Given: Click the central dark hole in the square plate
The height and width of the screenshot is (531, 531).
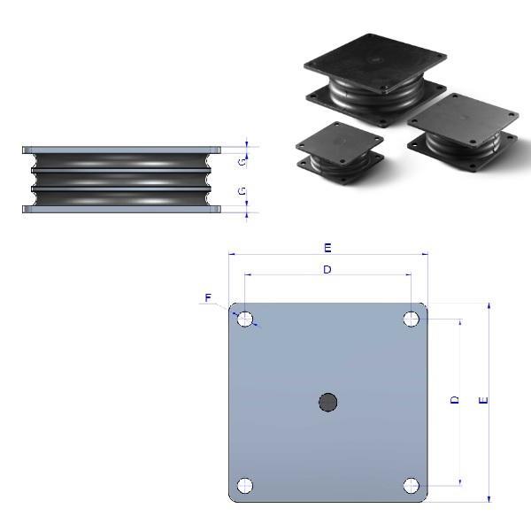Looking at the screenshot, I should point(327,403).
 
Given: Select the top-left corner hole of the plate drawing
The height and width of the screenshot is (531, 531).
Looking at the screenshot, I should point(245,319).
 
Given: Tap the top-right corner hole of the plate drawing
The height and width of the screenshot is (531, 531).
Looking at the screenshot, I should point(412,319).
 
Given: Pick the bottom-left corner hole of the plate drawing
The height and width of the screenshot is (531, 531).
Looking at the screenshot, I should point(245,486).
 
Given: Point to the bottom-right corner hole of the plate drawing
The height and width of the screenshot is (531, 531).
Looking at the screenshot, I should point(412,486).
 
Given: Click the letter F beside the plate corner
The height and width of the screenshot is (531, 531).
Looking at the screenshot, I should point(208,298).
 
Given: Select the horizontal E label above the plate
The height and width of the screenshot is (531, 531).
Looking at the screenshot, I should point(327,247).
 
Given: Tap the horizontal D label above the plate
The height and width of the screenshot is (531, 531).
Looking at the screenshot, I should point(327,269).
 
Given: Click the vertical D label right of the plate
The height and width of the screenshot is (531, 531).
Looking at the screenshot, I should point(455,401).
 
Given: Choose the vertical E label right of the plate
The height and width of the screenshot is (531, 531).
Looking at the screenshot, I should point(482,401).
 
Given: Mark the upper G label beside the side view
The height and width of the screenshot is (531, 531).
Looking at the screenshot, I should point(242,161).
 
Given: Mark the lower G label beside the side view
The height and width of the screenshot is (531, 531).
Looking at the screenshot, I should point(242,191).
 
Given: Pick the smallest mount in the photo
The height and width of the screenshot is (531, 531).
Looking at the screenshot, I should point(339,151).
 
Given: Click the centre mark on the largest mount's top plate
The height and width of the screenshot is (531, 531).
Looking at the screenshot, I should point(373,62).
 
